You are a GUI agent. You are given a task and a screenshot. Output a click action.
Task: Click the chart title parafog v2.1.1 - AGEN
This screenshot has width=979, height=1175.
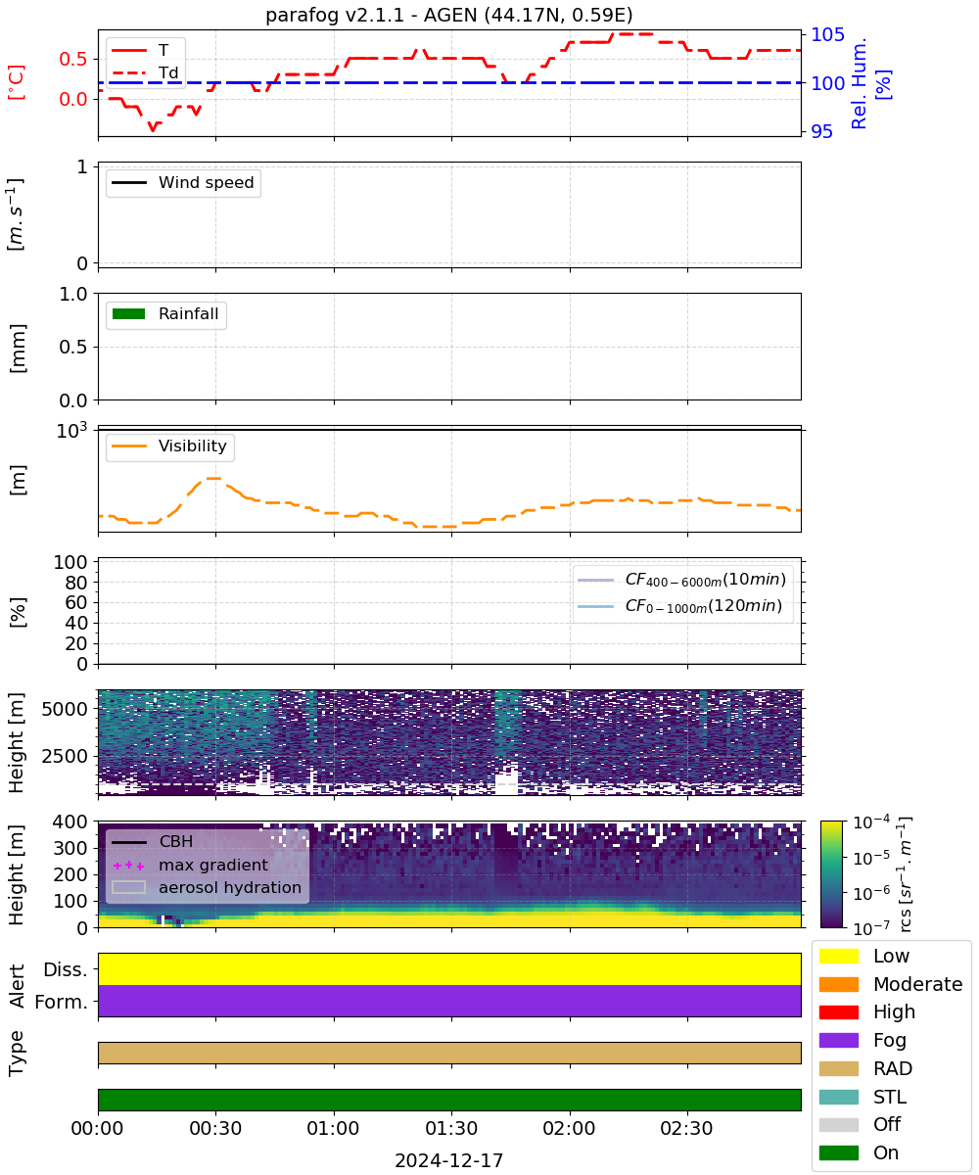tap(449, 15)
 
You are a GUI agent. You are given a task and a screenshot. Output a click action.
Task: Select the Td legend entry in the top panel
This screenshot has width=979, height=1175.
tap(145, 72)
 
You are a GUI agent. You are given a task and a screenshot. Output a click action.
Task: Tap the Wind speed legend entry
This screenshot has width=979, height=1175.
tap(183, 182)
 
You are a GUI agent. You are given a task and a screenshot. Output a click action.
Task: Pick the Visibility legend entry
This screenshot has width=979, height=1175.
tap(168, 446)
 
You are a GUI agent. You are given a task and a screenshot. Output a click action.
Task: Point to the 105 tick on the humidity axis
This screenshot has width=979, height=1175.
tap(827, 35)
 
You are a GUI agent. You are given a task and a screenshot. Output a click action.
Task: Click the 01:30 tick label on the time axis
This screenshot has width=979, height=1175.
tap(451, 1128)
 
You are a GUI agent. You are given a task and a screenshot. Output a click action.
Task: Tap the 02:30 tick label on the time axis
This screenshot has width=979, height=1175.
tap(686, 1128)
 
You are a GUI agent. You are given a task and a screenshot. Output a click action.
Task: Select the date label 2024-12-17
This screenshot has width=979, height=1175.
tap(449, 1160)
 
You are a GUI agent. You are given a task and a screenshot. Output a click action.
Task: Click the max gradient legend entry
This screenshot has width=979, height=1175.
tap(190, 865)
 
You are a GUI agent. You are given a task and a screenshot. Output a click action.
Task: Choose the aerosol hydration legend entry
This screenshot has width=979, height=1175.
tap(207, 887)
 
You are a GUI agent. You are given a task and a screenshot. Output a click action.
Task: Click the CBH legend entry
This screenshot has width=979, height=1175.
tap(152, 841)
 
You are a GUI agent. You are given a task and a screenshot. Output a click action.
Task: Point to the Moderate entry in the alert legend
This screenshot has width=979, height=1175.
tap(891, 984)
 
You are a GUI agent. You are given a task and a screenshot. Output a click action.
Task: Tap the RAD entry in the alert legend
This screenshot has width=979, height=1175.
tap(865, 1068)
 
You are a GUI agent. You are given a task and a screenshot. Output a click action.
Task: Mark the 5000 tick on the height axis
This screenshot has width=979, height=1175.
tap(65, 709)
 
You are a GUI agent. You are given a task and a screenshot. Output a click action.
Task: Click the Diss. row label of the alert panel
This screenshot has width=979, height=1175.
tap(66, 969)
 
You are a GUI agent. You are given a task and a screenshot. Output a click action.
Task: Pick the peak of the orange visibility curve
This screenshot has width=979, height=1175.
tap(213, 479)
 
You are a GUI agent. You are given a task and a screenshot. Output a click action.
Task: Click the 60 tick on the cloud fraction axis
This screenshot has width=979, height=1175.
tap(76, 603)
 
